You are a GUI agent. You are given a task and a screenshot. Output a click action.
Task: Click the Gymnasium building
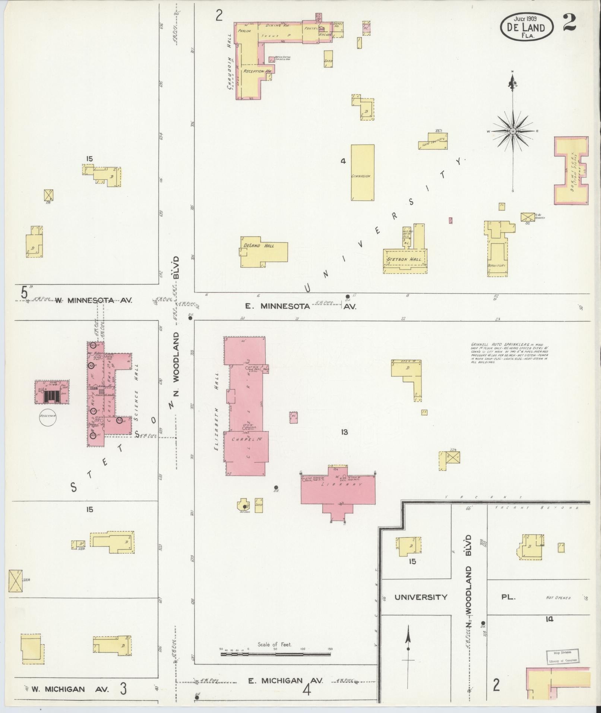[x=363, y=173]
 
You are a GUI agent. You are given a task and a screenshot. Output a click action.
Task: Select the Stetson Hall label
[x=405, y=259]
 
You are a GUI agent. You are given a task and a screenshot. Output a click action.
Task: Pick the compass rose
[x=513, y=131]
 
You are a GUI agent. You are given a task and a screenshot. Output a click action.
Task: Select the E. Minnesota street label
[x=277, y=306]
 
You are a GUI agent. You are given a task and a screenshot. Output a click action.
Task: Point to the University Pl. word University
[x=421, y=597]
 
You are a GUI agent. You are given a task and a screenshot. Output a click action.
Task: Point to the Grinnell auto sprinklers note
[x=509, y=353]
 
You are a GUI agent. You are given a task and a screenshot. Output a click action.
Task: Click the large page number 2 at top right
[x=570, y=22]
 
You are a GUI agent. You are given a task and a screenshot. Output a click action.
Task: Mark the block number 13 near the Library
[x=344, y=432]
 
